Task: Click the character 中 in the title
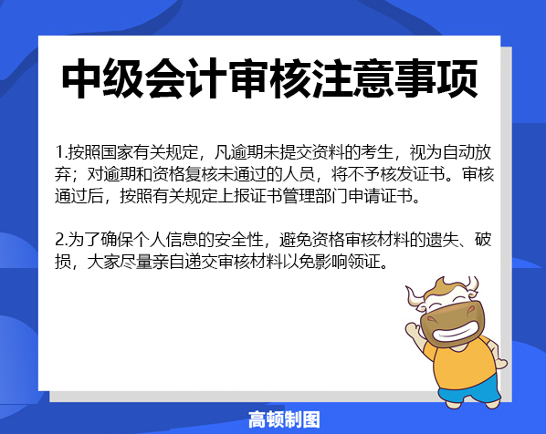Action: tap(82, 79)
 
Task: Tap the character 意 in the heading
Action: tap(373, 79)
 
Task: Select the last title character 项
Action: tap(457, 79)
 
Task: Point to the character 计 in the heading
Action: tap(207, 79)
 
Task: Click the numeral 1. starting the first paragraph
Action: tap(61, 152)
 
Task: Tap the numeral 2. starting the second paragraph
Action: tap(61, 240)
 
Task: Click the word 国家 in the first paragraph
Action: tap(117, 152)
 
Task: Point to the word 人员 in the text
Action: tap(299, 174)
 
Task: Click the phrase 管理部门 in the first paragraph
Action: tap(316, 196)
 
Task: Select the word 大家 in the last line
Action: tap(103, 262)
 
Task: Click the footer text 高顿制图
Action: tap(284, 419)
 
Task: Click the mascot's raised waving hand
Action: tap(414, 329)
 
